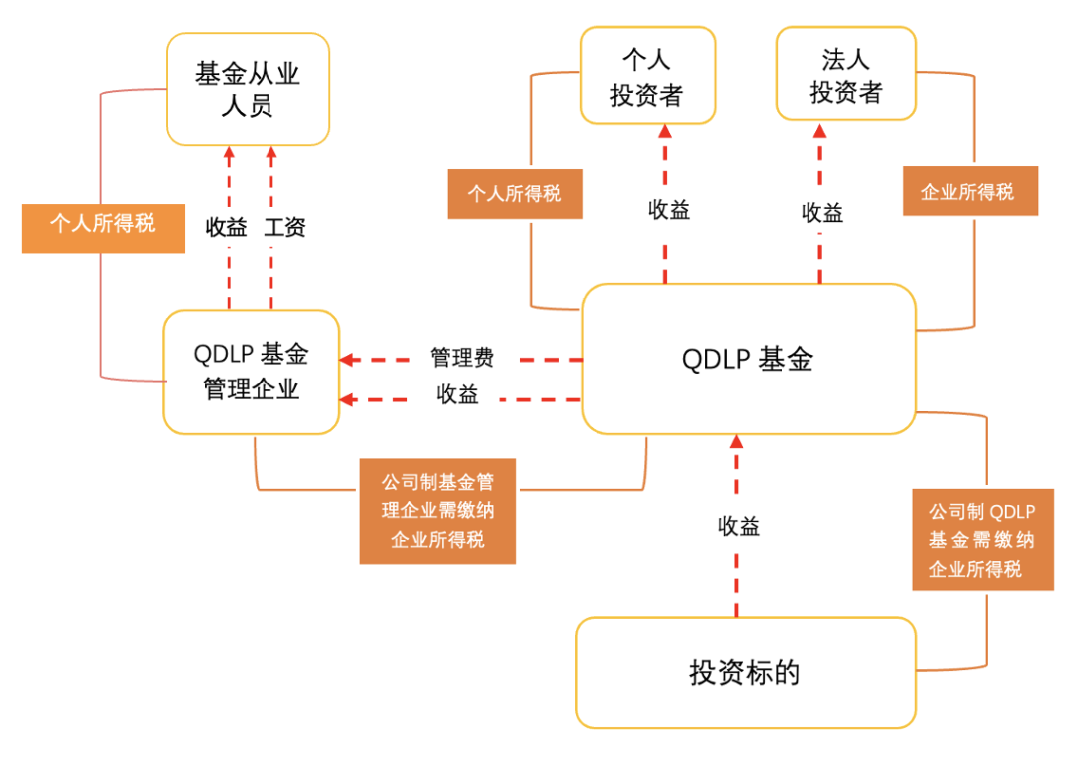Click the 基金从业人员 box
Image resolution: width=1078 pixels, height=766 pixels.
tap(248, 89)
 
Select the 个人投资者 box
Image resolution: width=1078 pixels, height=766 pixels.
tap(647, 75)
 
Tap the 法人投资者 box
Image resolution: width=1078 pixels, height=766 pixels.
tap(845, 75)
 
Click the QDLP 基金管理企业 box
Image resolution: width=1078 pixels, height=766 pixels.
tap(252, 372)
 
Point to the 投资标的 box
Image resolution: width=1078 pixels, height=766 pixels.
tap(746, 672)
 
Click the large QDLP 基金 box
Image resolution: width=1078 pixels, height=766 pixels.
tap(749, 359)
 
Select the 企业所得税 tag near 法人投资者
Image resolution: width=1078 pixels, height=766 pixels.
tap(970, 191)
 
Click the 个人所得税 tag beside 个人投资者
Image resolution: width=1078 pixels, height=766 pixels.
tap(514, 193)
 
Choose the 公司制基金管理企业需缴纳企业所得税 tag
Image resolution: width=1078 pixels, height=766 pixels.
tap(437, 511)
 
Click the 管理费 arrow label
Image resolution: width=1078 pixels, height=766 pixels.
tap(461, 358)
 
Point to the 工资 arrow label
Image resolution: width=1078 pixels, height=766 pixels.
tap(284, 227)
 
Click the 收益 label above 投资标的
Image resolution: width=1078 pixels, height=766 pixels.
tap(738, 526)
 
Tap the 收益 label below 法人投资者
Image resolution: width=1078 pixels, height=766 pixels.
tap(821, 212)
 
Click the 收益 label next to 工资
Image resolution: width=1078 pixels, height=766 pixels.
tap(227, 227)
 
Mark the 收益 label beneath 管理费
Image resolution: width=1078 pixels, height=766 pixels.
tap(457, 395)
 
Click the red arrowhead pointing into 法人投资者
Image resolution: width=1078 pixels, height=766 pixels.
tap(820, 131)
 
